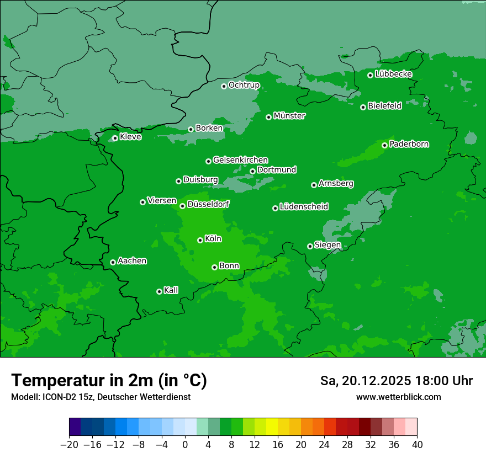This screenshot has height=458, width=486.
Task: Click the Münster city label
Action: pos(289,116)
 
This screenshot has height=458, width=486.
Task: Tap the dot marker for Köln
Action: pos(200,240)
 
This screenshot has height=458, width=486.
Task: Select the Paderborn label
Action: pos(409,144)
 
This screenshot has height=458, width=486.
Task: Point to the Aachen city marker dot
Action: pos(113,262)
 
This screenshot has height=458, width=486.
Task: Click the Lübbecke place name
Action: pos(393,74)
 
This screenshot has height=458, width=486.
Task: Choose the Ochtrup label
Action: pos(244,85)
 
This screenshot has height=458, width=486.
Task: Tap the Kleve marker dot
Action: pos(115,138)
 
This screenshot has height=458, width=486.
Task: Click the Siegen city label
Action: pos(327,245)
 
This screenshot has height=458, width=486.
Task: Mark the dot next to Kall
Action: pos(159,291)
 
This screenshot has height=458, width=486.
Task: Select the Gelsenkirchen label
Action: pos(240,160)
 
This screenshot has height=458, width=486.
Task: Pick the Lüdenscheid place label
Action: pos(304,207)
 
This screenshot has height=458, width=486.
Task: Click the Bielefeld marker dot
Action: pos(363,107)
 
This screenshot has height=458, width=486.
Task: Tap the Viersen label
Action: pos(162,201)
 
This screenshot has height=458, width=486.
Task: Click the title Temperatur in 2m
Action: pos(109,381)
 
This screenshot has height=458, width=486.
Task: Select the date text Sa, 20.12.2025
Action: pos(364,381)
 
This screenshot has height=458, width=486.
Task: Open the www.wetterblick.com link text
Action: pos(398,397)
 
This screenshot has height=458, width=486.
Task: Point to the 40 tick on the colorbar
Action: pos(417,445)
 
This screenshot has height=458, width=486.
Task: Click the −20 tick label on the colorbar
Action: pos(69,445)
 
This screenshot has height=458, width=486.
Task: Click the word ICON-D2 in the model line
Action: pos(54,397)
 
